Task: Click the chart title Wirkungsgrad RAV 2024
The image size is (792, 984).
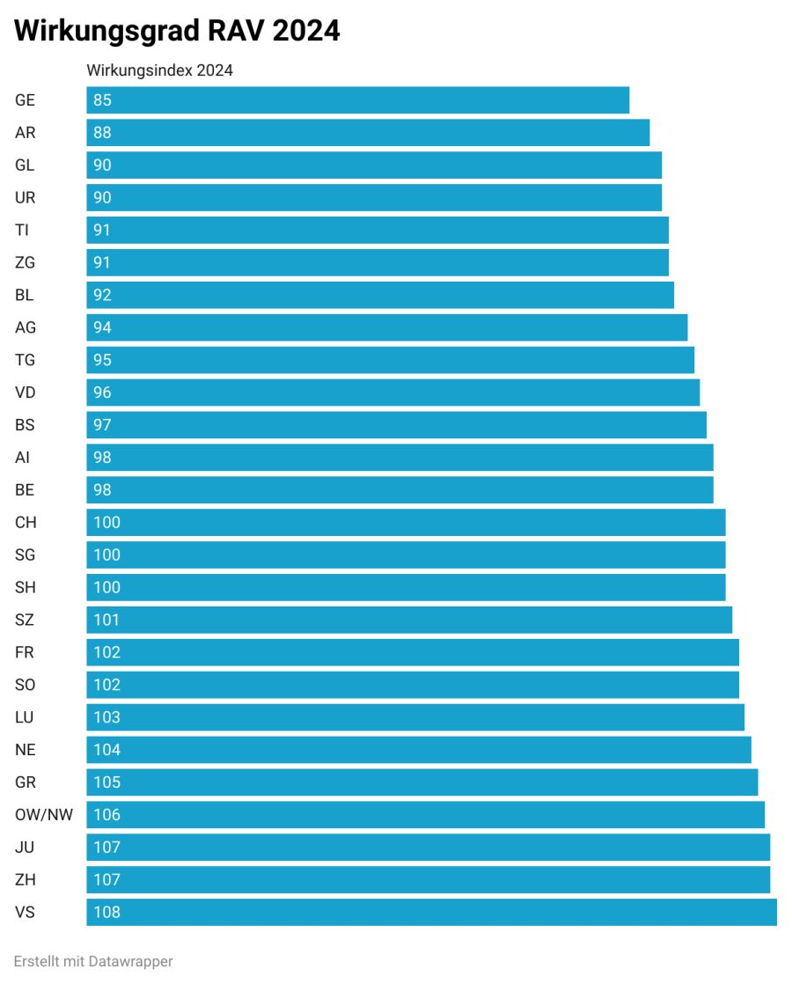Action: pyautogui.click(x=177, y=31)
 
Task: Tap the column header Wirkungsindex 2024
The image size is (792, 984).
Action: pyautogui.click(x=159, y=70)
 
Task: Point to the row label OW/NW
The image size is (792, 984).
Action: pyautogui.click(x=44, y=814)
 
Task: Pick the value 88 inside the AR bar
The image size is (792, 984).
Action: pyautogui.click(x=102, y=133)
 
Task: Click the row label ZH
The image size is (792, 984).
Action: pyautogui.click(x=26, y=879)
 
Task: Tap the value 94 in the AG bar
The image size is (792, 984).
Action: pyautogui.click(x=102, y=327)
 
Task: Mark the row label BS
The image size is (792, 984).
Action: pyautogui.click(x=25, y=425)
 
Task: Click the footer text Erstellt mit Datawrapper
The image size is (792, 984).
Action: pyautogui.click(x=93, y=961)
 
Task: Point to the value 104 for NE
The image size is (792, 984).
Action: pyautogui.click(x=106, y=750)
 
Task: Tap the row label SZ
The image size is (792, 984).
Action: pyautogui.click(x=25, y=620)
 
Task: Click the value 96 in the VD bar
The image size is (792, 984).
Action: pyautogui.click(x=102, y=393)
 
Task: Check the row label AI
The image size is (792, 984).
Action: pyautogui.click(x=22, y=458)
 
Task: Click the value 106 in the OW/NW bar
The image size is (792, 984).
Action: pyautogui.click(x=106, y=814)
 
